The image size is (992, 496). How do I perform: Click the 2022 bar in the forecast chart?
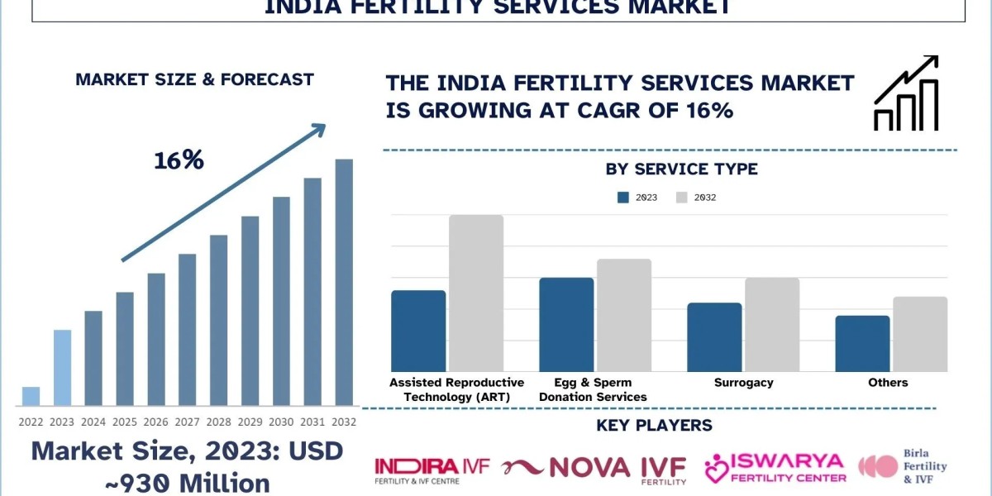coord(31,396)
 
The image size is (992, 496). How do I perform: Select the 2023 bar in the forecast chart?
coord(62,368)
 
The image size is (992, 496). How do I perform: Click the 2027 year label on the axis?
coord(187,422)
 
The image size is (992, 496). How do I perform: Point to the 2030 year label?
coord(281,422)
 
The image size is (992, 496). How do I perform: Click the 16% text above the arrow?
coord(179,160)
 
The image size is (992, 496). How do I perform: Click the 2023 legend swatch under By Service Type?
coord(624,198)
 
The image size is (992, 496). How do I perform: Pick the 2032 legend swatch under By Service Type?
coord(682,198)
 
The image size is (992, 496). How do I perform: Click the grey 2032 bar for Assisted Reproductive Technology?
coord(476,293)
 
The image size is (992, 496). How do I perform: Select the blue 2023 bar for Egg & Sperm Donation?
coord(566,325)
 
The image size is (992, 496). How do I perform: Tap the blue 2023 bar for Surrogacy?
coord(714,337)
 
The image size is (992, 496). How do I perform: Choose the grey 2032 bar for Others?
coord(920,334)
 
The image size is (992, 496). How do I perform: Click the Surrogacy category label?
coord(743,383)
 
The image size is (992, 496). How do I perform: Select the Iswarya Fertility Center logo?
coord(775,469)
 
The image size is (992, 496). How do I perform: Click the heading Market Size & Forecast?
coord(194,80)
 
